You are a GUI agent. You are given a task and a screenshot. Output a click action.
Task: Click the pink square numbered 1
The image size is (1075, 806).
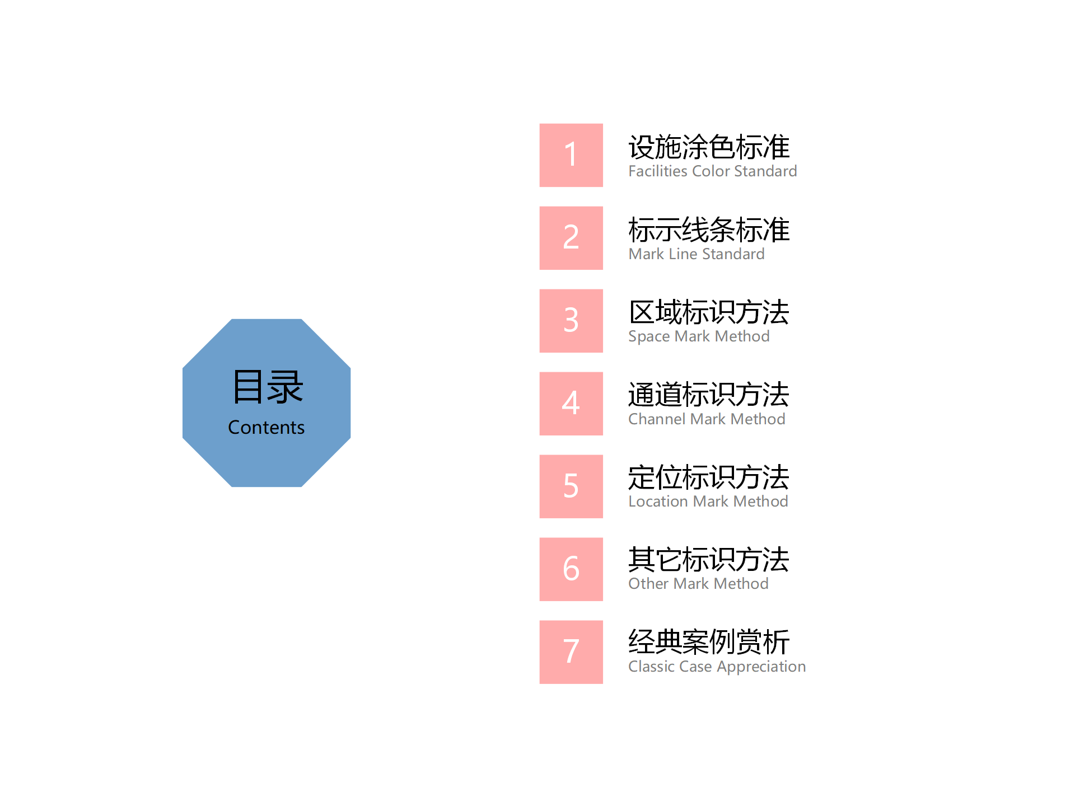(x=571, y=155)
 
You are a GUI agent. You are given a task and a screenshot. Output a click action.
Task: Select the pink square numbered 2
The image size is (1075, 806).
(x=571, y=238)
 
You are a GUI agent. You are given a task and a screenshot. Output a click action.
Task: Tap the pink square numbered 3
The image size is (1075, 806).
(x=571, y=321)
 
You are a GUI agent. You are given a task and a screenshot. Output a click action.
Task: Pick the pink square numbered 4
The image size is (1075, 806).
(x=571, y=404)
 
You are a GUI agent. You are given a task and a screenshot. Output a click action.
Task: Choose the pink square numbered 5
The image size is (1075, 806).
(x=571, y=486)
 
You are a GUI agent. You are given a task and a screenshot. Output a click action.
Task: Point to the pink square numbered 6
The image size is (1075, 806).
(x=571, y=569)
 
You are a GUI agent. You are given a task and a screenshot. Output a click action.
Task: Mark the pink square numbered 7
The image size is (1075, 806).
(x=571, y=652)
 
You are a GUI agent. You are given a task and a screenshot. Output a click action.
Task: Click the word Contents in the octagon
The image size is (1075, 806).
(x=267, y=428)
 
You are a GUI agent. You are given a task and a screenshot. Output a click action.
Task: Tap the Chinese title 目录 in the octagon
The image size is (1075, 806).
(x=268, y=387)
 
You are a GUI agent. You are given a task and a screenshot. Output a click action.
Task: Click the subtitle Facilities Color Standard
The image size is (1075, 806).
(x=713, y=171)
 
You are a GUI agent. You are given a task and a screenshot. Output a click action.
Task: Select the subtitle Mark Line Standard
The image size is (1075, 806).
(x=697, y=254)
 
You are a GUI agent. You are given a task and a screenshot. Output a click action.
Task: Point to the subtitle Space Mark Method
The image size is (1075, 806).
(x=699, y=336)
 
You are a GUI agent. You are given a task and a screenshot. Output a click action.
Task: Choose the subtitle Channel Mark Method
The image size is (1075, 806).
(x=707, y=419)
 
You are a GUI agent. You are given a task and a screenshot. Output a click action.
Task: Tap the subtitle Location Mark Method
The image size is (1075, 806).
(x=708, y=502)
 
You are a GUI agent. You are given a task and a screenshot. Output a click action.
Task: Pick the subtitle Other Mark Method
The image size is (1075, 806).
(x=698, y=584)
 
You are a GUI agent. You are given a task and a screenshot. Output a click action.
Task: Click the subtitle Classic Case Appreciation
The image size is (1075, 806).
(x=717, y=667)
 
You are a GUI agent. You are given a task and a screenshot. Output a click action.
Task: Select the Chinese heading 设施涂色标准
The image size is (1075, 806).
(x=709, y=147)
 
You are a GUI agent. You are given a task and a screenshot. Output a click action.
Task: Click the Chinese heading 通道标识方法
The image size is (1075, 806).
(x=709, y=395)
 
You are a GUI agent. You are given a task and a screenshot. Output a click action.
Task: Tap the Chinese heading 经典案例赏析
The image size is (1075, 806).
(x=709, y=642)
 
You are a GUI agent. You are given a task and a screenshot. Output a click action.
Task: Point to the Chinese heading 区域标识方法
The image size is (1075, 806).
(x=709, y=312)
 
